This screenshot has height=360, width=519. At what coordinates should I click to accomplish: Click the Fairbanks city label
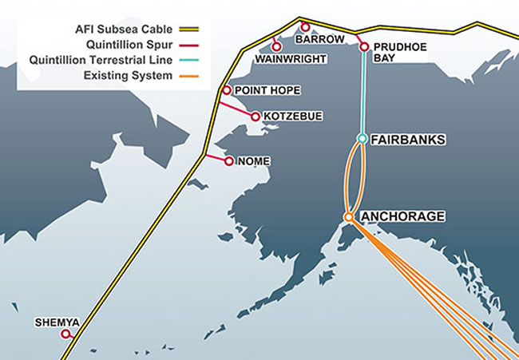(x=408, y=140)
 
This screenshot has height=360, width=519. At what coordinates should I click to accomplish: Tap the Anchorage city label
(x=403, y=216)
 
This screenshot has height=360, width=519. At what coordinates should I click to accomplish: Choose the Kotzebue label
(x=292, y=117)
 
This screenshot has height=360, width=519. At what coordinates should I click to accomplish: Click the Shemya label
(x=57, y=323)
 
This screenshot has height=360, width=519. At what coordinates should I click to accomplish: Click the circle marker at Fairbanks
(x=362, y=139)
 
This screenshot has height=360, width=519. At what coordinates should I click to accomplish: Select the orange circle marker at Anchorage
(x=348, y=216)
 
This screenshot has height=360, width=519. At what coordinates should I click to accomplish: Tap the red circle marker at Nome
(x=229, y=161)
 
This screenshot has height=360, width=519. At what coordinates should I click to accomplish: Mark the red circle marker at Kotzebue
(x=255, y=117)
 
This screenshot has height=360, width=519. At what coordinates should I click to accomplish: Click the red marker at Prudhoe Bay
(x=364, y=47)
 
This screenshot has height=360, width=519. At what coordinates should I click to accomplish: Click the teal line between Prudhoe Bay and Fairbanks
(x=363, y=92)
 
